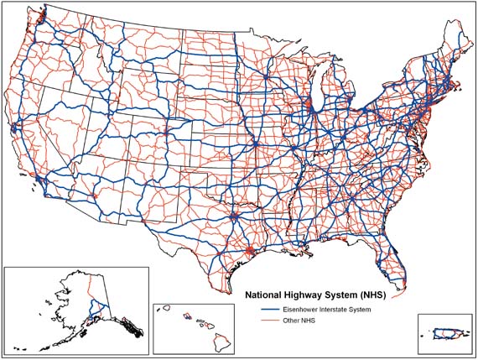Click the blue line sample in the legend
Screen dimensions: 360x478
pyautogui.click(x=268, y=310)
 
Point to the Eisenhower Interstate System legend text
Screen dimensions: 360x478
pyautogui.click(x=326, y=310)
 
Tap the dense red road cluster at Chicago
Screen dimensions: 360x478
pyautogui.click(x=310, y=106)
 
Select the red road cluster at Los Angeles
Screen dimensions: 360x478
pyautogui.click(x=39, y=180)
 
